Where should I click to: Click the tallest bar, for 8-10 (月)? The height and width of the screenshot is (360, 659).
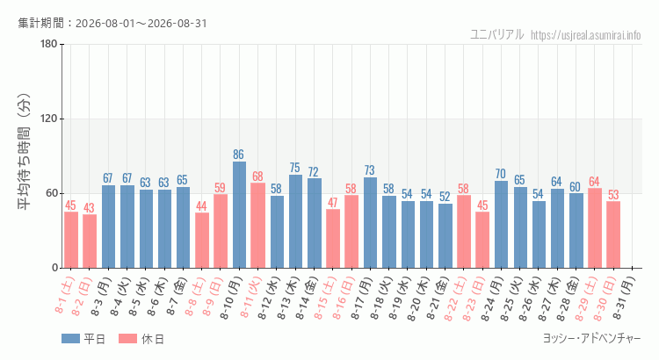(239, 214)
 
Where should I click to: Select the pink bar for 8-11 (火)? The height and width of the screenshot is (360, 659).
(257, 226)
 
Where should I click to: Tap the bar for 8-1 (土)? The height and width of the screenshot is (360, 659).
(71, 240)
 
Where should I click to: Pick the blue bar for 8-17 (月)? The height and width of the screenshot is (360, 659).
(370, 223)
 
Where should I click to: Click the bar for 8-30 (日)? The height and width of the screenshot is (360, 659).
(613, 234)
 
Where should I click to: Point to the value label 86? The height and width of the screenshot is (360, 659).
(239, 155)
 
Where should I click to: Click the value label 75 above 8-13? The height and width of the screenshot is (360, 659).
(295, 168)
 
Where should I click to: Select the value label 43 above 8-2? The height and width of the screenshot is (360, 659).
(89, 207)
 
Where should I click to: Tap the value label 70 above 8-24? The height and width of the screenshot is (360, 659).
(501, 174)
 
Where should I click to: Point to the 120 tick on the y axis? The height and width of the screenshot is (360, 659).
(49, 119)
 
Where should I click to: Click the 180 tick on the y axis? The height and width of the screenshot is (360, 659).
(49, 44)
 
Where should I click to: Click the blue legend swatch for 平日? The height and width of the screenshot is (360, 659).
(70, 339)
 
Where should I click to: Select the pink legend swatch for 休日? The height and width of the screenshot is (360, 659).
(127, 339)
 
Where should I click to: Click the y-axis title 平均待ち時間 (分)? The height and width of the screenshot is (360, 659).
(24, 152)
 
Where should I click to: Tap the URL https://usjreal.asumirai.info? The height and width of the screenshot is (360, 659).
(586, 35)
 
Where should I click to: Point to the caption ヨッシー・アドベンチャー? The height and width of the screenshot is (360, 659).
(592, 339)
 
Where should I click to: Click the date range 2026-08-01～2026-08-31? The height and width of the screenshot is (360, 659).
(141, 23)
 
